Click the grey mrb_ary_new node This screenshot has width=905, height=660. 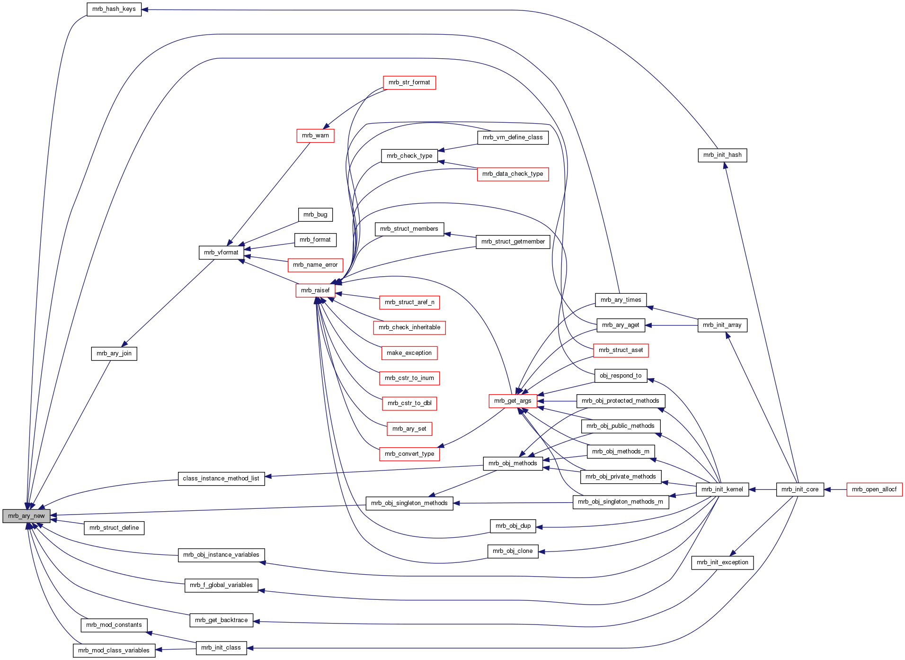pos(26,516)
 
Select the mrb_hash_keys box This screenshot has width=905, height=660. pos(114,9)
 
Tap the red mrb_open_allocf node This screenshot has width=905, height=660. pos(874,489)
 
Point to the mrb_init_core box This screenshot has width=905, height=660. pos(800,489)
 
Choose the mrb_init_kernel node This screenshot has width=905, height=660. pos(722,489)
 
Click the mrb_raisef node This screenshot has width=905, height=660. pos(315,290)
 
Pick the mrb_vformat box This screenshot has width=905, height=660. pos(221,253)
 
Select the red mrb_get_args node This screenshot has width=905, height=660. pos(513,401)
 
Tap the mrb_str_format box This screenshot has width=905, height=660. pos(409,82)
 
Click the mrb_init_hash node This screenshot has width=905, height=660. pos(722,155)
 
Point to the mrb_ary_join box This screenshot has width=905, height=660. pos(114,353)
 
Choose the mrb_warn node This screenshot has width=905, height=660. pos(315,136)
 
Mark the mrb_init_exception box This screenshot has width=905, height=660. pos(722,562)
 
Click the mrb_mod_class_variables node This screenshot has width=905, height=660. pos(114,651)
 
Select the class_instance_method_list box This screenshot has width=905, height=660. pos(221,479)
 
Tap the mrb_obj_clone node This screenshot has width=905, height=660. pos(513,551)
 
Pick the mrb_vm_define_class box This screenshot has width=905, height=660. pos(513,137)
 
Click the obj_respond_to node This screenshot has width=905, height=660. pos(621,376)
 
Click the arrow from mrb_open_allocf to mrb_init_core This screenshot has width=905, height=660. pos(835,489)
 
